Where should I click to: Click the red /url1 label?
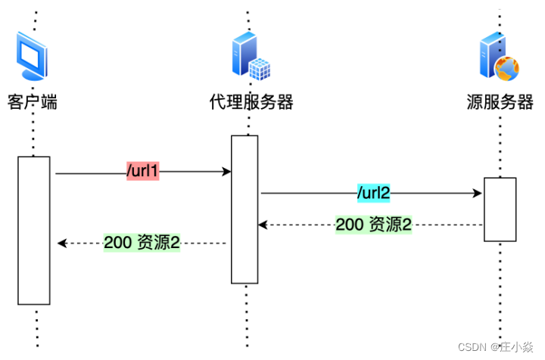pos(142,172)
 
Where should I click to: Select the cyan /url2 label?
pos(373,193)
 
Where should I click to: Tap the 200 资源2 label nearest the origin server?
pos(373,225)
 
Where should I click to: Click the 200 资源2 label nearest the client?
pos(142,243)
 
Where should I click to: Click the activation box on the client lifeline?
pos(34,230)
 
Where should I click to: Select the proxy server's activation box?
pos(244,209)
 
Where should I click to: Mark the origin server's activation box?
pos(500,209)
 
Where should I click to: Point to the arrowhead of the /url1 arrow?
pos(226,172)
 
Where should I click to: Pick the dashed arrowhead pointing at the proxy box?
pos(263,225)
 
